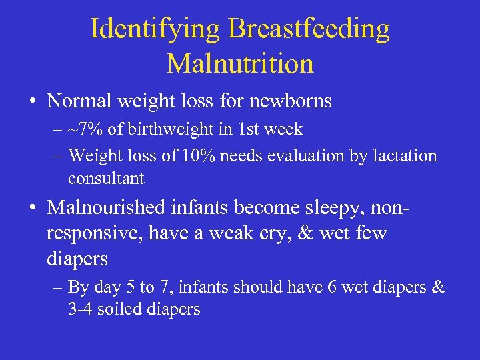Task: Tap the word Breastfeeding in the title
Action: [x=309, y=29]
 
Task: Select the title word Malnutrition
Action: [x=240, y=64]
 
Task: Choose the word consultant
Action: [x=106, y=179]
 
